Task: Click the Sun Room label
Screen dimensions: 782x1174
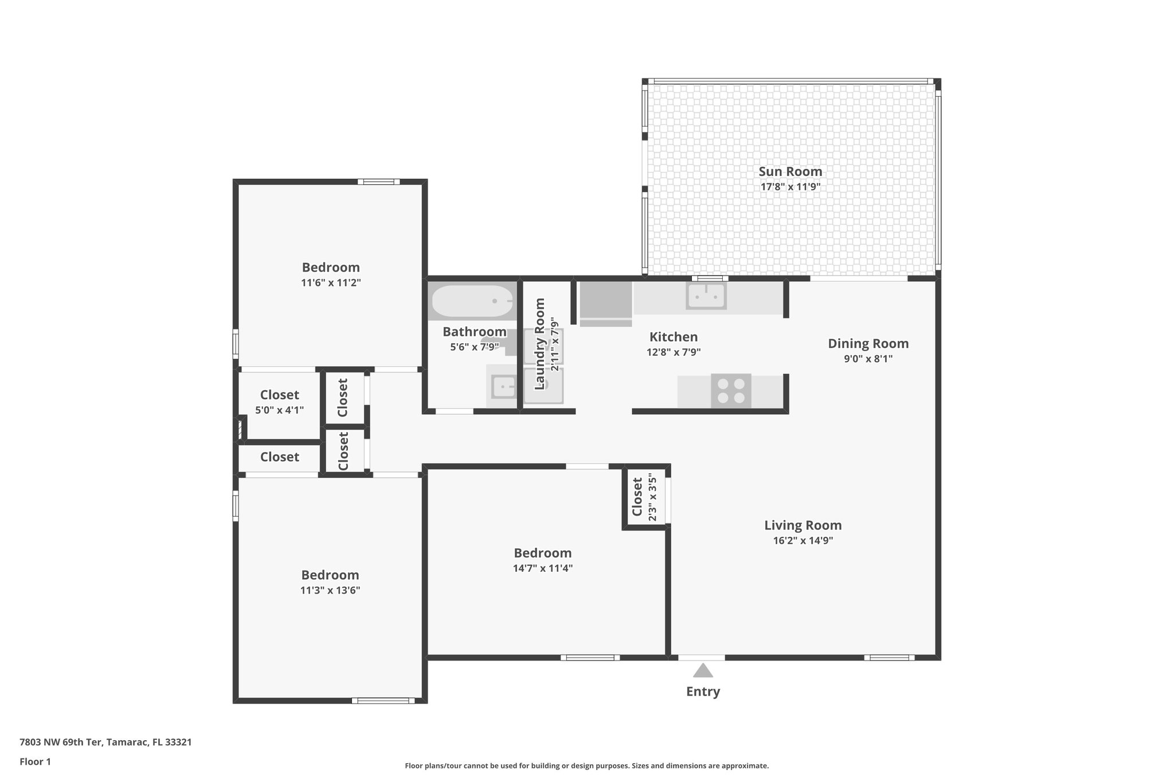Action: click(790, 171)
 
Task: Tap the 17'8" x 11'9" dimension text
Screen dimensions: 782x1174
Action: click(790, 187)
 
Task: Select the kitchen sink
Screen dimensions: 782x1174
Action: click(707, 296)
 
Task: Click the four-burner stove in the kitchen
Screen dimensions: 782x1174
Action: click(731, 391)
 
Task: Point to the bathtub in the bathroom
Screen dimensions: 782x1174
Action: click(472, 301)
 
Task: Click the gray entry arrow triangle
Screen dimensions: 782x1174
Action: click(702, 670)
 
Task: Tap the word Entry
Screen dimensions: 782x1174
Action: click(703, 691)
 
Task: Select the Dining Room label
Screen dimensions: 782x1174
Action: click(868, 344)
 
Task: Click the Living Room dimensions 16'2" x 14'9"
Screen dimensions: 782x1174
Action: click(803, 540)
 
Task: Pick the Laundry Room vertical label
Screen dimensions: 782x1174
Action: click(539, 344)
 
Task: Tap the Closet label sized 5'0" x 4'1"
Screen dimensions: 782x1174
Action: click(279, 395)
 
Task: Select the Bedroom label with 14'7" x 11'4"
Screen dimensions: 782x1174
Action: click(542, 553)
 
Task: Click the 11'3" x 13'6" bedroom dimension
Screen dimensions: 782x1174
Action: click(330, 591)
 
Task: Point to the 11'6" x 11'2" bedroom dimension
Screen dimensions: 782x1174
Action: click(331, 283)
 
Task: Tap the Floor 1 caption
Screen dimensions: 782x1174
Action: click(35, 762)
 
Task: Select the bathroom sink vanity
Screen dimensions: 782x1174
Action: click(502, 386)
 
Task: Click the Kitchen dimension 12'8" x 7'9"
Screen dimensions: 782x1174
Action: click(674, 352)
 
